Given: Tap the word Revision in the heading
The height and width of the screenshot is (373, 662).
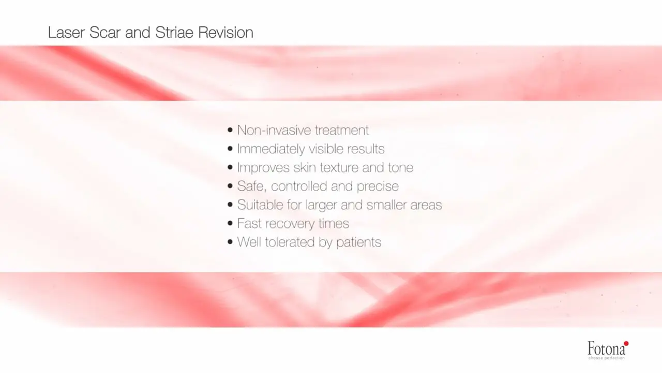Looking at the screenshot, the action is coord(226,32).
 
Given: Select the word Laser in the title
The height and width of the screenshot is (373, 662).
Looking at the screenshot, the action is coord(66,32).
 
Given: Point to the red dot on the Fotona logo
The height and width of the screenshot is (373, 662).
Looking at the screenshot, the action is coord(626,343).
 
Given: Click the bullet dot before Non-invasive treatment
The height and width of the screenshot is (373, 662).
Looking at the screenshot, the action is coord(230,130).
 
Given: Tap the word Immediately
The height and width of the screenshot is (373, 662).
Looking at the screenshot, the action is coord(270,149).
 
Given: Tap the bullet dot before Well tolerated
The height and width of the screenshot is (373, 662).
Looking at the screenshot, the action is coord(230,242).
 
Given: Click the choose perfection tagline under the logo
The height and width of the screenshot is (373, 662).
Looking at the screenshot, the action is coord(607,358).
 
